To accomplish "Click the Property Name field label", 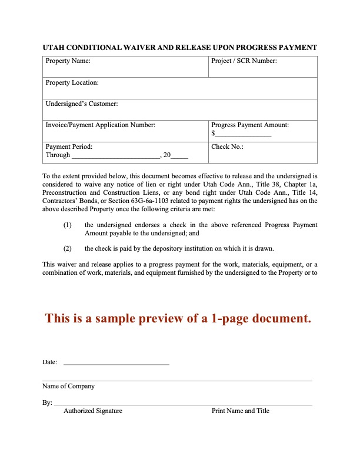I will coord(68,61).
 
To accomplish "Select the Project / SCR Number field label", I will coord(244,61).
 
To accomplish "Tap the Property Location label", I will coord(72,83).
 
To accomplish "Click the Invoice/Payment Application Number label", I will coord(101,125).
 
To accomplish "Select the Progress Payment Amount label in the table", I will coord(250,125).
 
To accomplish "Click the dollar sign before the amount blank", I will coord(214,134).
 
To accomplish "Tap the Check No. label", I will coord(227,147).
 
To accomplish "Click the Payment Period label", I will coord(69,147).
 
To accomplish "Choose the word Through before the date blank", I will coord(58,155).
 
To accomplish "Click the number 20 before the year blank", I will coord(167,155).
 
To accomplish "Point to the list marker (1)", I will coord(68,225).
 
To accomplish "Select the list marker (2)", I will coord(68,248).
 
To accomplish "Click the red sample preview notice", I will coord(178,318).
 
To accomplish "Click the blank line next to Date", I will coord(116,364).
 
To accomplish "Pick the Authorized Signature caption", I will coord(93,411).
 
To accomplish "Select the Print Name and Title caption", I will coord(241,411).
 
